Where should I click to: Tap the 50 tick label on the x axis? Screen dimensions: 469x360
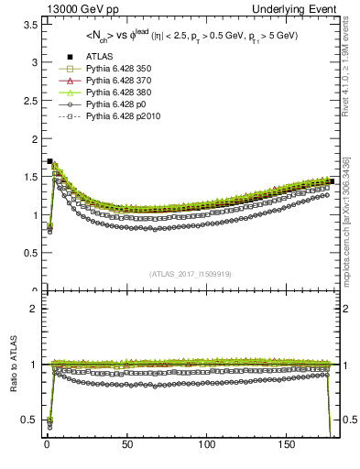(125, 450)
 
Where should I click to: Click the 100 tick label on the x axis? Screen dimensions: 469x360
(206, 450)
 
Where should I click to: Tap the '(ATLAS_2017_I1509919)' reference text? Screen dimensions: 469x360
(191, 273)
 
